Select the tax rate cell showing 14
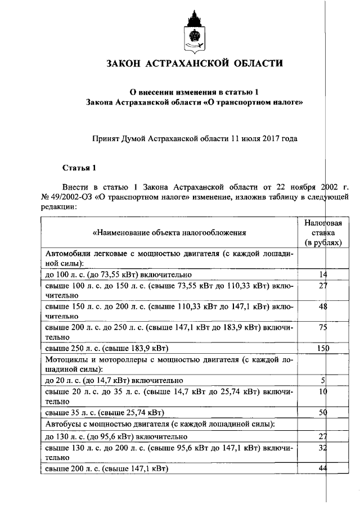(x=323, y=274)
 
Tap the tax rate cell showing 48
(x=323, y=307)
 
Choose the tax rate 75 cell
(x=323, y=328)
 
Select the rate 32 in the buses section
(x=323, y=448)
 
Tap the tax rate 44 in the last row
(x=323, y=469)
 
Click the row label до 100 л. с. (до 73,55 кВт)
(x=118, y=274)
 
